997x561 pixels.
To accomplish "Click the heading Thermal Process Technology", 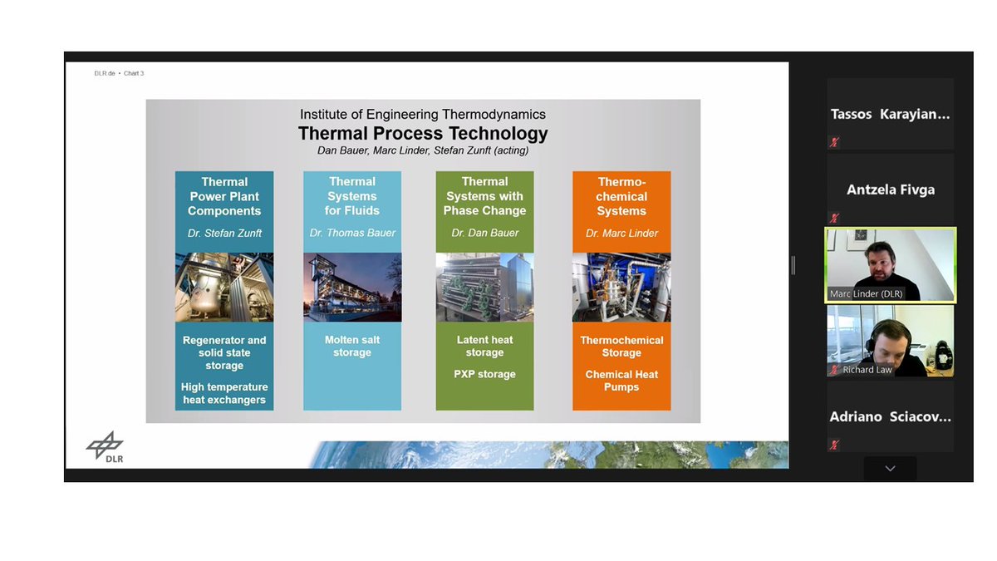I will pos(423,133).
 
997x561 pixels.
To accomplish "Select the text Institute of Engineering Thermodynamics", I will pos(423,115).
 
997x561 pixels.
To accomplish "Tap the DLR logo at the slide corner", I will pos(105,447).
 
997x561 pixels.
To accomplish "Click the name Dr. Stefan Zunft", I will pos(224,234).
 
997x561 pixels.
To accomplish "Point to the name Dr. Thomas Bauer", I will pos(352,234).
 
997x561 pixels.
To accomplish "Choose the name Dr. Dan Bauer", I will pos(484,234).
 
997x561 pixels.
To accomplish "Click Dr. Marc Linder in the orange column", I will pos(621,234).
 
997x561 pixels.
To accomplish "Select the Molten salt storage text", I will pos(352,347).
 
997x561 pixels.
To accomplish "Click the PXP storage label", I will pos(484,374).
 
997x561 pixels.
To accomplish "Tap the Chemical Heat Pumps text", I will pos(621,381).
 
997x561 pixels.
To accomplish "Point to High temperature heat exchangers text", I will pos(224,393).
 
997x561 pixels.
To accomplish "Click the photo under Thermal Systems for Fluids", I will pos(352,287).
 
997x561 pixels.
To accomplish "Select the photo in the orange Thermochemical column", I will pos(621,287).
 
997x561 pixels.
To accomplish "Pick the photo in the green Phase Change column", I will pos(484,287).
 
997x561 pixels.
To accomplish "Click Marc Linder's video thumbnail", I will pos(890,264).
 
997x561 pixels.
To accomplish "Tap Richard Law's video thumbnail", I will pos(890,341).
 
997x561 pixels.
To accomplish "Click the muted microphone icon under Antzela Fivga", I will pos(834,218).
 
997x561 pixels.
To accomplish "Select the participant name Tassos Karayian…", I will pos(890,115).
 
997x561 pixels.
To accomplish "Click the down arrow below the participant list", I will pos(890,469).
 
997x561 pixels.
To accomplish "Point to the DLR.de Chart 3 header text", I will pos(119,73).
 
